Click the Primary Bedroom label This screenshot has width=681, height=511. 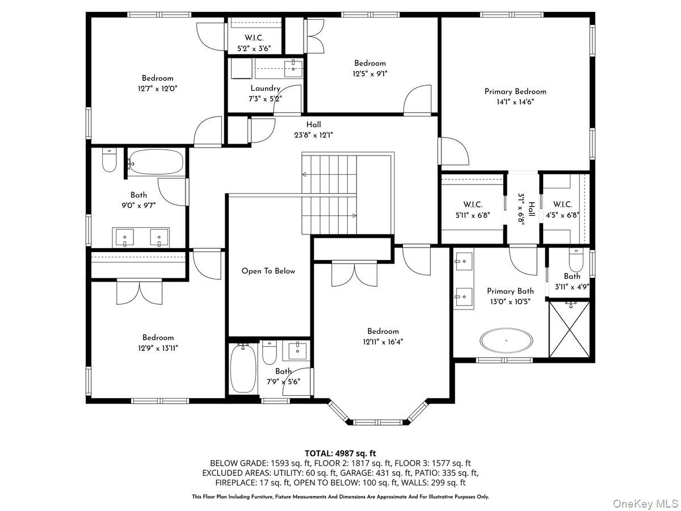[515, 91]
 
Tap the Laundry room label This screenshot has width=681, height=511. [265, 89]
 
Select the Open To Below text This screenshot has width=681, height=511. [268, 271]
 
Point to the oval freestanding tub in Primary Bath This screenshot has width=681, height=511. [506, 340]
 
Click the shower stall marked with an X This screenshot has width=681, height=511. [569, 329]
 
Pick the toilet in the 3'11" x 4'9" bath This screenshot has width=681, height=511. [576, 260]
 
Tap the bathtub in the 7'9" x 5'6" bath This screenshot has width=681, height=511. [243, 368]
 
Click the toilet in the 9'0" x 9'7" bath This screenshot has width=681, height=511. [109, 160]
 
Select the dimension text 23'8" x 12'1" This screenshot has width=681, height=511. [313, 135]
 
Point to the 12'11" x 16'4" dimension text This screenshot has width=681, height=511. [383, 342]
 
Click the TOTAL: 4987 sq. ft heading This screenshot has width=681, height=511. [340, 454]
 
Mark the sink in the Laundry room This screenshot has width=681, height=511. [293, 69]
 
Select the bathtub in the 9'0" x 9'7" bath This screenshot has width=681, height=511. [156, 162]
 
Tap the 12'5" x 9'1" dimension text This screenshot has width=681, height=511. [370, 74]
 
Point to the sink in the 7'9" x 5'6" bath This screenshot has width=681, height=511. [297, 349]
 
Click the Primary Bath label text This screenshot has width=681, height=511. [510, 291]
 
